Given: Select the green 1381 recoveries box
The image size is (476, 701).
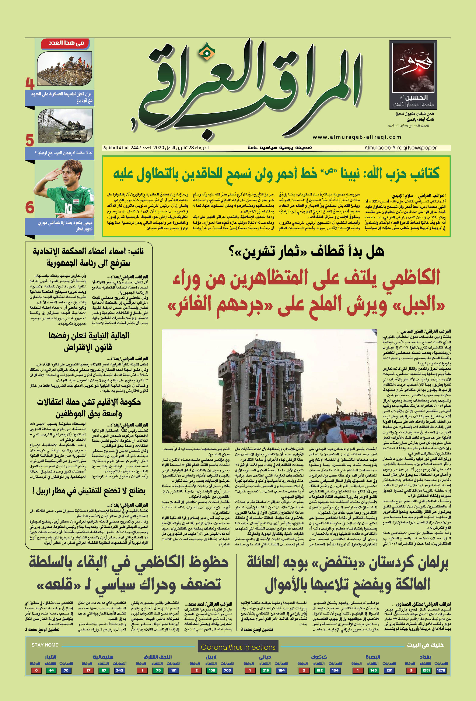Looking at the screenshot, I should coord(426,670).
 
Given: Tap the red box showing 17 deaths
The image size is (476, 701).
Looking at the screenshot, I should coord(88,670).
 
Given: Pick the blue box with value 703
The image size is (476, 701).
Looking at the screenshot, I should coord(227,670).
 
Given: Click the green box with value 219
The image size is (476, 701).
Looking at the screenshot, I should coord(266,670).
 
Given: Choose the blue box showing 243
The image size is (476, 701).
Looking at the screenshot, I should coord(119,670).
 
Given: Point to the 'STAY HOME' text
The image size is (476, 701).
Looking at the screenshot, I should coord(45,645).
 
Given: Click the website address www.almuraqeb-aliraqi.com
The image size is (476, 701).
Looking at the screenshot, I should coord(357,137).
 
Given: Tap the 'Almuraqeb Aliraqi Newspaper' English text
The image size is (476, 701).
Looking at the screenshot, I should coord(400,148).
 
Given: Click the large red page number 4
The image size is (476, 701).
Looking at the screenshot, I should coord(29,83).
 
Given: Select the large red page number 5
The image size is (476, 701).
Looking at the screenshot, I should coord(29,140).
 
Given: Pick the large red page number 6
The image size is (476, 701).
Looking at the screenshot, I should coord(29,207).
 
